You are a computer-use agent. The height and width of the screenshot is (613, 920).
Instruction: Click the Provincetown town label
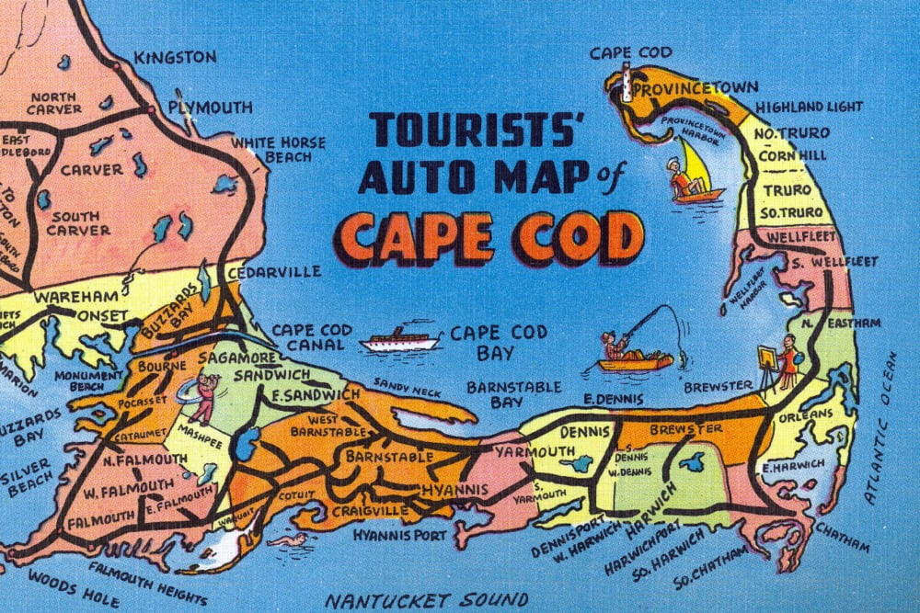[696, 88]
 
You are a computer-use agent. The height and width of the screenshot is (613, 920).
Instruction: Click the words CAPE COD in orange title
[489, 237]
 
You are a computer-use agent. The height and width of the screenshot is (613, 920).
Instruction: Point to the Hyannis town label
[454, 490]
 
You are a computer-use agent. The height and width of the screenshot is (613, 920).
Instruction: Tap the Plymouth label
[210, 108]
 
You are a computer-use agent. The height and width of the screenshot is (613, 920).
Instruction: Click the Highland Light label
[810, 108]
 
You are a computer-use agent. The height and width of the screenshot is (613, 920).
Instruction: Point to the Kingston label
[175, 57]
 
